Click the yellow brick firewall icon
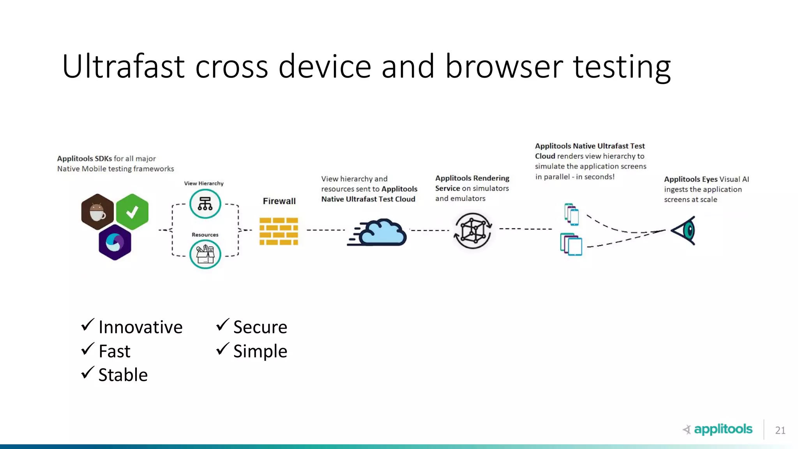[x=279, y=231]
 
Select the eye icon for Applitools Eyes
[x=685, y=230]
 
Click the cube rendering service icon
[x=473, y=231]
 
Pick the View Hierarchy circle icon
[x=205, y=203]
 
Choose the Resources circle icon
[x=205, y=254]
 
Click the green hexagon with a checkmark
[x=132, y=212]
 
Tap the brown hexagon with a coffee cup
[x=97, y=212]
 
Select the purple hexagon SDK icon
[x=115, y=242]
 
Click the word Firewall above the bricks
[x=279, y=201]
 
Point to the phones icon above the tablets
[x=572, y=214]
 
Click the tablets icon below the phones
[x=571, y=244]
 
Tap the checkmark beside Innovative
[x=88, y=325]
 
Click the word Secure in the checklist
[x=260, y=327]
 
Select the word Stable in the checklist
[x=123, y=375]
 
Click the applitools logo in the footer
[x=718, y=429]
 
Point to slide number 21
[x=780, y=430]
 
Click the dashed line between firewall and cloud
[x=325, y=230]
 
